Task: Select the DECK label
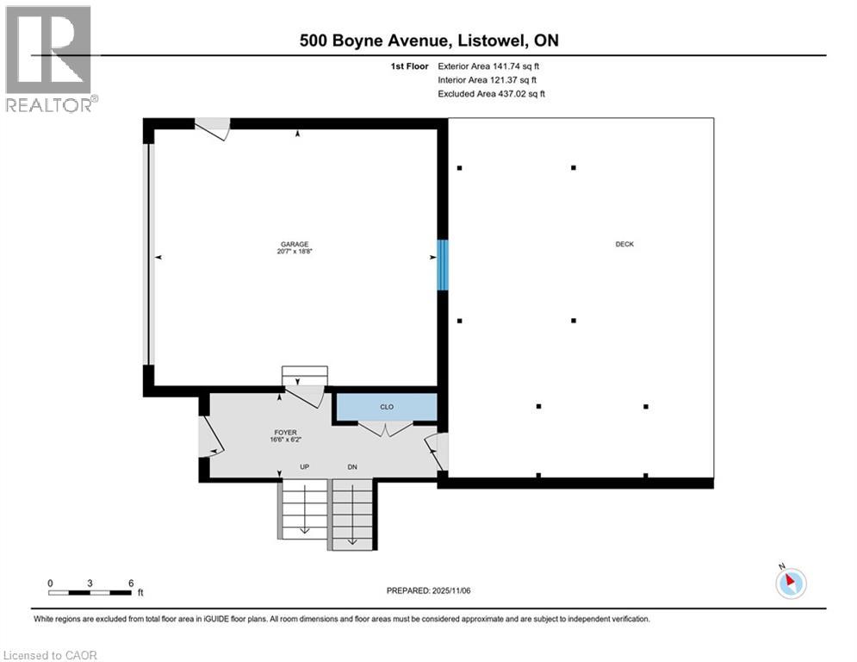pos(624,244)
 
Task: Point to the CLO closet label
pos(387,407)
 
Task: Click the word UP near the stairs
pos(304,467)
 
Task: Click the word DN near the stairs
pos(352,467)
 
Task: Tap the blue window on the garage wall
pos(443,265)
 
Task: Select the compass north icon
pos(790,583)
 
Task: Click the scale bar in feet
pos(90,591)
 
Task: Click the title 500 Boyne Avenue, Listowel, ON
pos(428,41)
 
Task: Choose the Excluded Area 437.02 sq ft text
pos(491,93)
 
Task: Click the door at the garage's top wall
pos(212,129)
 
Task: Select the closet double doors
pos(386,428)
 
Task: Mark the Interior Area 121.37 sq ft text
pos(489,79)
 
